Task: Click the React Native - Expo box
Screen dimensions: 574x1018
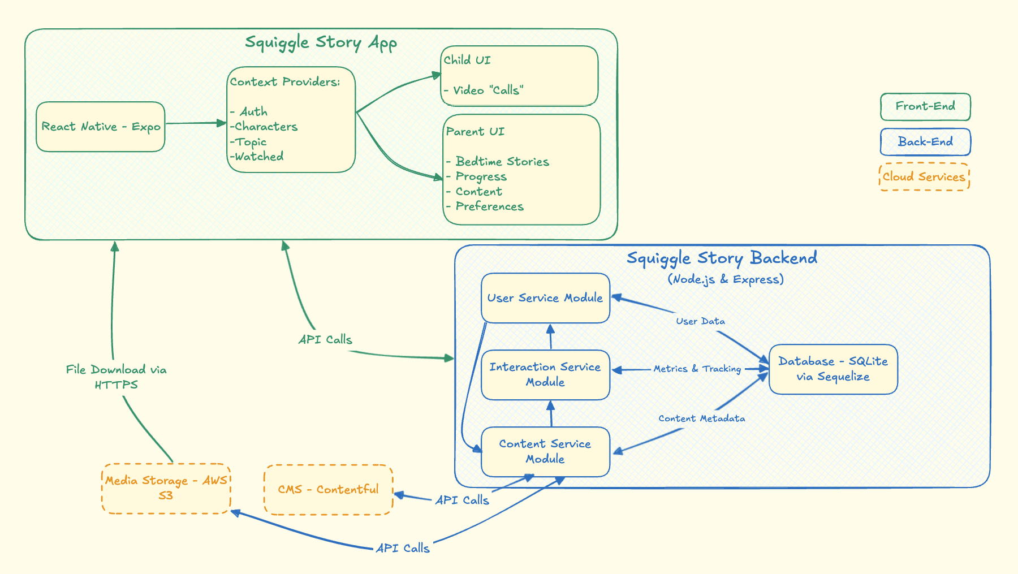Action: coord(101,127)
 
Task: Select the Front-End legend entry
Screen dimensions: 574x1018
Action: coord(925,106)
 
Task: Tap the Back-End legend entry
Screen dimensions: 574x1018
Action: coord(925,142)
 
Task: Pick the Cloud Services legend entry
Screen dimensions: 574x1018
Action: coord(924,177)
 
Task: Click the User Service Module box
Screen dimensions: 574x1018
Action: coord(545,298)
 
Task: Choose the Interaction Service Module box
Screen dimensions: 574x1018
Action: coord(545,374)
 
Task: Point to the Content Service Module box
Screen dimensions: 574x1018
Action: coord(545,451)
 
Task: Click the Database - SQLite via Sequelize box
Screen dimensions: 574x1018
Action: coord(833,369)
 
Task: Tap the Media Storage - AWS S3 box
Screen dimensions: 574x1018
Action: coord(166,488)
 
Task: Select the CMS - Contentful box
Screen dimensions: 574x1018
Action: coord(328,489)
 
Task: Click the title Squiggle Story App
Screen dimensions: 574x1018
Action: coord(321,42)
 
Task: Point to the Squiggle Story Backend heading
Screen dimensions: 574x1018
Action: coord(722,258)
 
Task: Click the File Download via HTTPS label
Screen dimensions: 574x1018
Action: coord(117,377)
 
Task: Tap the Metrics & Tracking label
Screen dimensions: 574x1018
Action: coord(697,369)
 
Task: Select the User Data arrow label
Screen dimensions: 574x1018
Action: coord(700,321)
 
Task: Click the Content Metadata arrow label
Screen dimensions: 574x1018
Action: coord(701,418)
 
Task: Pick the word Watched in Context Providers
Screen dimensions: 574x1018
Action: coord(259,157)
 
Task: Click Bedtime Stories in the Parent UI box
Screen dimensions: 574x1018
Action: coord(502,162)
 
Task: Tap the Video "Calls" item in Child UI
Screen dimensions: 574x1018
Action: coord(488,90)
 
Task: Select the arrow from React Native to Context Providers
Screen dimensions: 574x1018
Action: coord(195,123)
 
